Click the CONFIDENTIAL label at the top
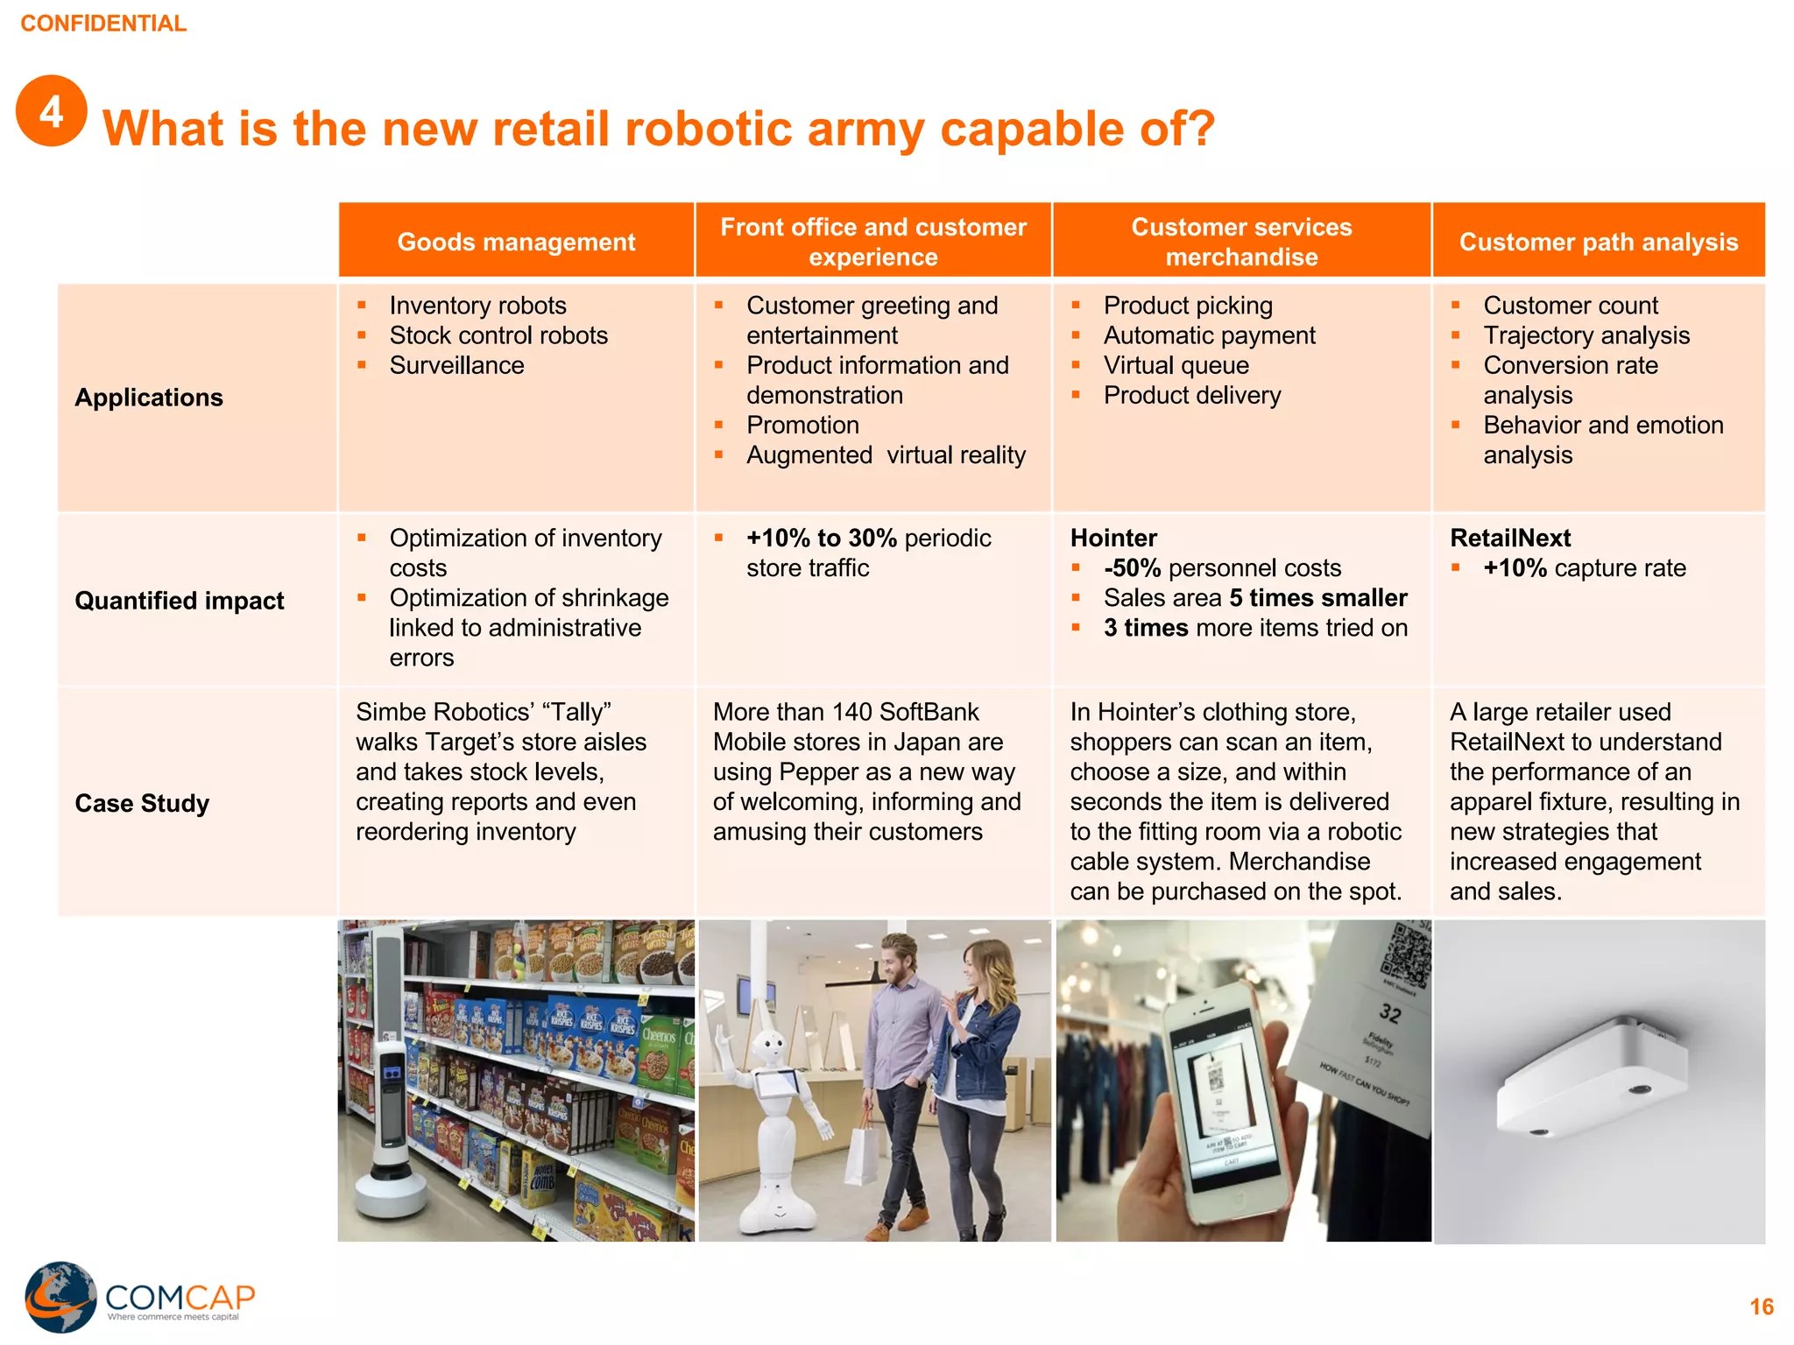click(103, 24)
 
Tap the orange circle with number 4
click(52, 111)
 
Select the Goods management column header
click(516, 242)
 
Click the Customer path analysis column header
click(1598, 242)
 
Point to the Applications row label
click(149, 398)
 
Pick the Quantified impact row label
click(180, 601)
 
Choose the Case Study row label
click(142, 803)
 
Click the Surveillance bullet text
click(456, 365)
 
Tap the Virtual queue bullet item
click(1176, 365)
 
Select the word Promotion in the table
click(802, 425)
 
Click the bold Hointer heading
click(1113, 538)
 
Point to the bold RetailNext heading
click(1510, 538)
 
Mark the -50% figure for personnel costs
click(1132, 568)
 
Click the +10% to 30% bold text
click(821, 538)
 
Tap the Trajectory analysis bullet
click(1586, 335)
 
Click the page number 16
click(1761, 1307)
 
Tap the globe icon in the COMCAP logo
click(60, 1297)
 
